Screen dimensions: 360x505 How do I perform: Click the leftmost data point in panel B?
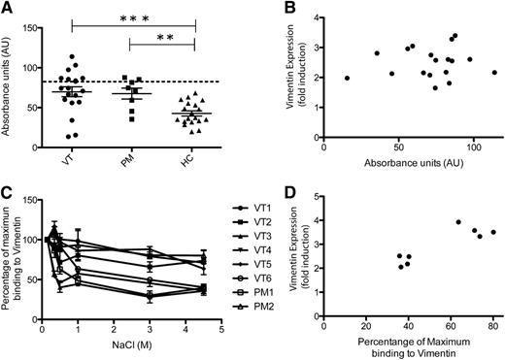[347, 79]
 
